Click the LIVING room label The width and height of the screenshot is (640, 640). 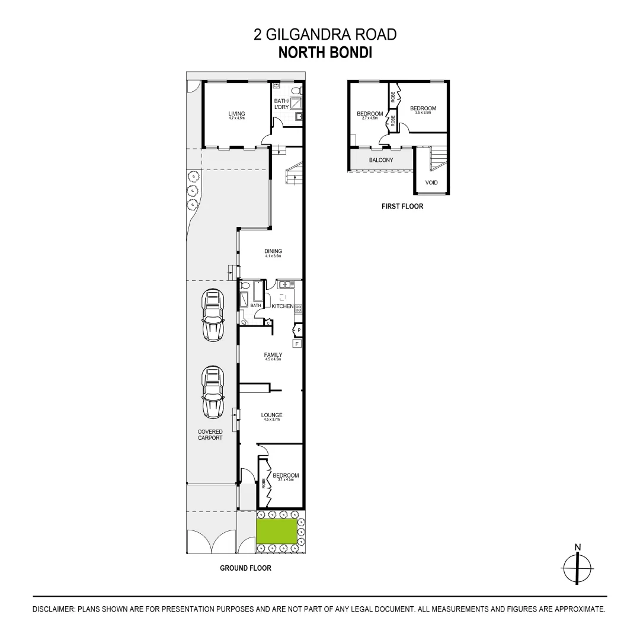click(x=236, y=114)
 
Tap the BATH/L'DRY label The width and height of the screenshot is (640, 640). click(x=281, y=104)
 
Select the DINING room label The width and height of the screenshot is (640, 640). click(x=273, y=251)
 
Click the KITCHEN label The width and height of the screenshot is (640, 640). click(x=282, y=306)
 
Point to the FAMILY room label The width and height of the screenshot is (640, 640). click(x=273, y=355)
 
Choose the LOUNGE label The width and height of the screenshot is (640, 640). click(x=272, y=415)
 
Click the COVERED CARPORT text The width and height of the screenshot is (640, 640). click(x=210, y=434)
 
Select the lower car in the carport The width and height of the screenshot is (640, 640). click(x=213, y=391)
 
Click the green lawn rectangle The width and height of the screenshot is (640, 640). click(x=276, y=532)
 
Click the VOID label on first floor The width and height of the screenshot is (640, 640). click(x=431, y=183)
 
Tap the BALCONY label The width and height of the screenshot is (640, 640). click(x=380, y=160)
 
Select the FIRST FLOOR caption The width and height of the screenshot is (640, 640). click(x=402, y=207)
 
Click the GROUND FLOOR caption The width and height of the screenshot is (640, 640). click(x=245, y=568)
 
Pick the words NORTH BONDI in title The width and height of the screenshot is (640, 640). click(x=325, y=53)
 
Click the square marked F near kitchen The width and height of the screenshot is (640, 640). click(x=297, y=343)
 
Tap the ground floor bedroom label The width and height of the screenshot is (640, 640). click(x=286, y=475)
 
